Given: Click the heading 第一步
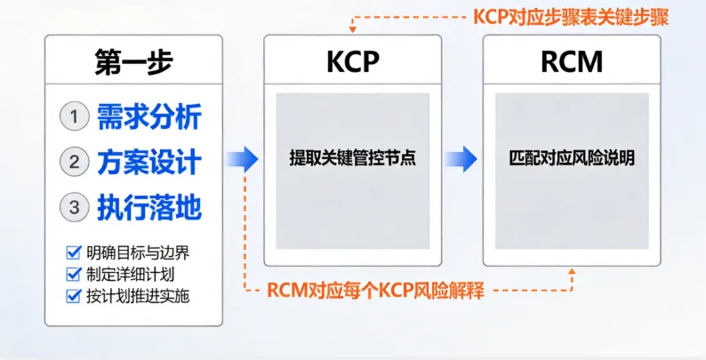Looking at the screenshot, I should point(133,61).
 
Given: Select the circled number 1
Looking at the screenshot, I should point(74,116).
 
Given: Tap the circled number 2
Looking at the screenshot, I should point(74,162).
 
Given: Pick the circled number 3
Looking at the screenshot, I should point(74,207).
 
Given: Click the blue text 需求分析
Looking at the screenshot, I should point(149,116).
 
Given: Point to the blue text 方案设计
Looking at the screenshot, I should point(149,162).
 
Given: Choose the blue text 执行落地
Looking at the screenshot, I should point(149,207).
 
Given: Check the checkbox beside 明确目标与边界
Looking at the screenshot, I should point(74,252).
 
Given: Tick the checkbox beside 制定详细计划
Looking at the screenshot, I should point(74,274).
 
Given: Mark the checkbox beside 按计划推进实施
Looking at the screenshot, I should point(74,295).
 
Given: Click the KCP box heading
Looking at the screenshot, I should point(352,61).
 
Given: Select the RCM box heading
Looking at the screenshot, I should point(572,61).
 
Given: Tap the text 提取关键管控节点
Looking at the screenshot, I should point(352,160).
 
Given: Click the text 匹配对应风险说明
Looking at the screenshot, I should point(572,160).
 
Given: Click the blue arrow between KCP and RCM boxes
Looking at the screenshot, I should point(461,160).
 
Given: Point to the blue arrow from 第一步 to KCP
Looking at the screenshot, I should point(241,160).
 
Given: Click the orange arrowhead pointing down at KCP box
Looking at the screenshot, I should point(353,27).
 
